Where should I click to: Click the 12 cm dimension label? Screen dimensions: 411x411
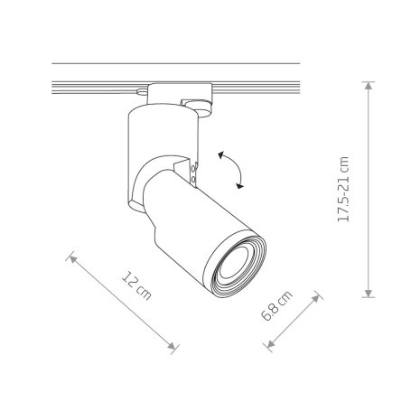point(136,286)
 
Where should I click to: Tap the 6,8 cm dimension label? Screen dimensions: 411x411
point(276,305)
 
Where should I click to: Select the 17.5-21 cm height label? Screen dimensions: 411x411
point(343,190)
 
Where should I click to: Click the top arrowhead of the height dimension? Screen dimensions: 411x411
point(368,85)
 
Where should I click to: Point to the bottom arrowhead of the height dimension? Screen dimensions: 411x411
point(368,294)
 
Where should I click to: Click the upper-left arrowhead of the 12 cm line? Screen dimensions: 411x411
point(73,258)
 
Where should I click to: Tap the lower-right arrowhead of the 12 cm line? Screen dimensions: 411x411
point(172,346)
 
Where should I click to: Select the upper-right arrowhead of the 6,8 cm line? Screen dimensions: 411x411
point(315,299)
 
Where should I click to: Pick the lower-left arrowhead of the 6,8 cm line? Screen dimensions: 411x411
point(271,343)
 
